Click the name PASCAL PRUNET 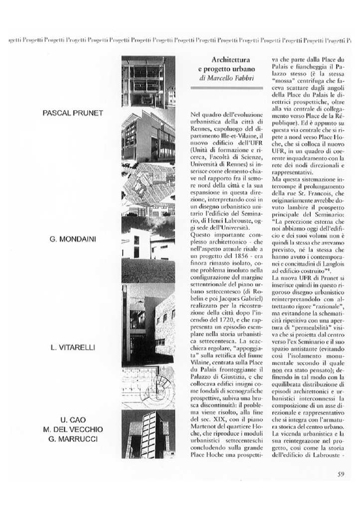(73, 113)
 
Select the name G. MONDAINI (73, 240)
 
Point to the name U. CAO (73, 421)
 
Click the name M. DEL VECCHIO (73, 430)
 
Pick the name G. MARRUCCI (73, 439)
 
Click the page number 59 (341, 474)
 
